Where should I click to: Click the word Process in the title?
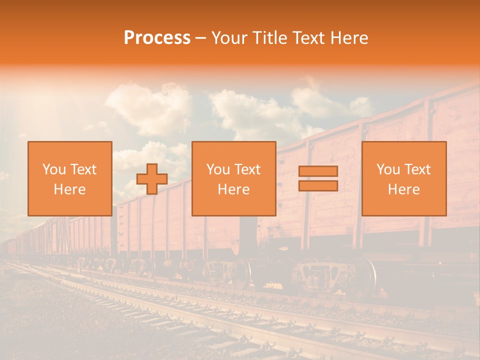click(x=157, y=38)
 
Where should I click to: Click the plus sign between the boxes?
click(x=152, y=179)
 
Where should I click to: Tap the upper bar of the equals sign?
click(x=318, y=171)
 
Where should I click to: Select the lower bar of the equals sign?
click(x=318, y=186)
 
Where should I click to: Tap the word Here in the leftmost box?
click(x=70, y=189)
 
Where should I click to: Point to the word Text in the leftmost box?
click(x=83, y=169)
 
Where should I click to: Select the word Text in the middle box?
click(x=247, y=169)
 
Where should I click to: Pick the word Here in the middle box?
click(x=234, y=189)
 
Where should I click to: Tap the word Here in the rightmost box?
click(x=404, y=189)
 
